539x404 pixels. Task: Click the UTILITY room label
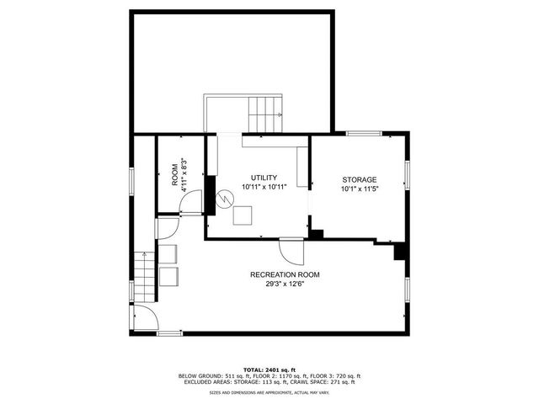(259, 178)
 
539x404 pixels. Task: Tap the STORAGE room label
(359, 180)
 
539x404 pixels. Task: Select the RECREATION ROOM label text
(285, 275)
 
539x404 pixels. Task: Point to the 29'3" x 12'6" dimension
(285, 284)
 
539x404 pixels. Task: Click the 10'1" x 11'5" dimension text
(359, 189)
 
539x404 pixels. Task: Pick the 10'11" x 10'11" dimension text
(259, 187)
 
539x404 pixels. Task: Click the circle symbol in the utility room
(224, 200)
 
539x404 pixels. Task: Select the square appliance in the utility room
(243, 215)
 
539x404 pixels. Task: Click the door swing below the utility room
(291, 251)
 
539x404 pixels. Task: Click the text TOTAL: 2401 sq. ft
(269, 369)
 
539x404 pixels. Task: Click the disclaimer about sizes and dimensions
(269, 392)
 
